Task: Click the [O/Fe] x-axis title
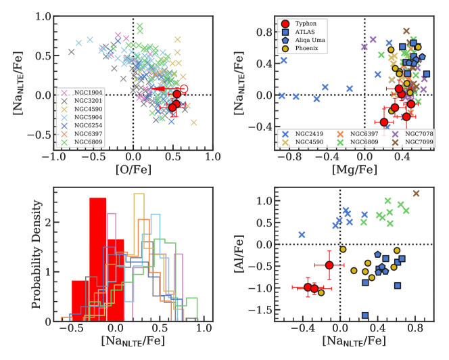point(133,169)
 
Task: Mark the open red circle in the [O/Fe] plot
point(183,89)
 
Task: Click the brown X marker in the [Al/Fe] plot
point(416,194)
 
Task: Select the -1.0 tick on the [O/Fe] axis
point(51,156)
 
